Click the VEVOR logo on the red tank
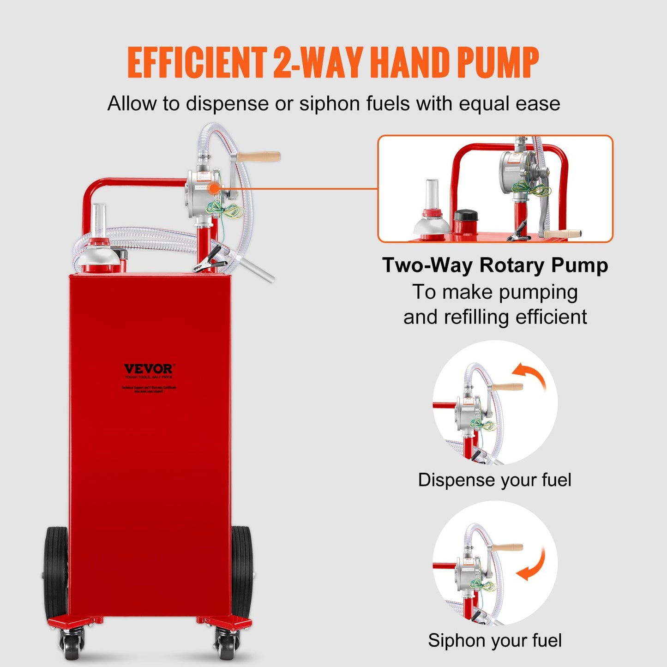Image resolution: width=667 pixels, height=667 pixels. tap(149, 369)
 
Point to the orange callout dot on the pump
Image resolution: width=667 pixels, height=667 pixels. tap(213, 188)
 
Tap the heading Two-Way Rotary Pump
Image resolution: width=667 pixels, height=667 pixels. tap(495, 265)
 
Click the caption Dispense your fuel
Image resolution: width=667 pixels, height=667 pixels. tap(494, 480)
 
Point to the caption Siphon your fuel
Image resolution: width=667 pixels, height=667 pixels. tap(494, 641)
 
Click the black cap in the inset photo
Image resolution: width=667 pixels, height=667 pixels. tap(465, 216)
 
